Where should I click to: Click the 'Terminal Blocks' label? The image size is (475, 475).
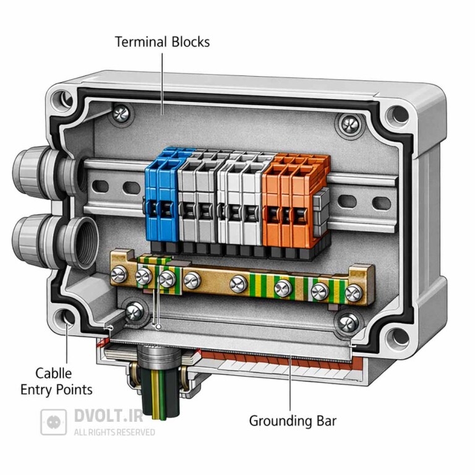pos(163,42)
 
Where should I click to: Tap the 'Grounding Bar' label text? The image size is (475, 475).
pos(293,421)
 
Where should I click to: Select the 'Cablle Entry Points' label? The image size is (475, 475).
pos(56,382)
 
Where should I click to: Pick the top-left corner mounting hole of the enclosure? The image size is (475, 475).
pos(62,98)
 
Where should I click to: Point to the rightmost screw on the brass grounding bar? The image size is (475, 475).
pos(353,293)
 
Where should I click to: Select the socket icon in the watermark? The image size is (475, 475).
pos(54,422)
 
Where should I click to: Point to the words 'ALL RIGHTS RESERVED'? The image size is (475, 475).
pos(114,432)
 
